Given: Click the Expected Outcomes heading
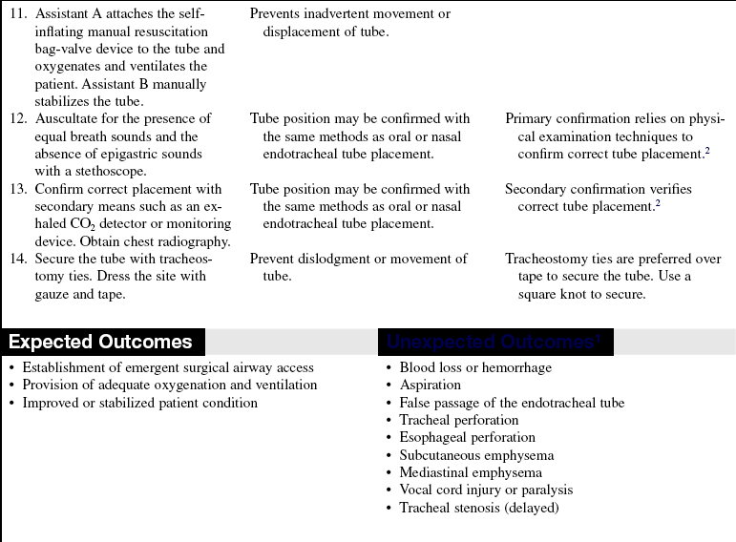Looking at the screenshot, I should [100, 343].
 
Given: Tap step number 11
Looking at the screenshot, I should [17, 14].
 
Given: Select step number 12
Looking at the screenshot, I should [17, 119].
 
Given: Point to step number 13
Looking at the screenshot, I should [17, 189].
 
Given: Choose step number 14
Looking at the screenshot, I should [17, 259].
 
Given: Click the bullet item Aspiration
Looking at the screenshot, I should [430, 385].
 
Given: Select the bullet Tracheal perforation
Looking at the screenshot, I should [459, 420].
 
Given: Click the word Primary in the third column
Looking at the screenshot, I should [531, 119].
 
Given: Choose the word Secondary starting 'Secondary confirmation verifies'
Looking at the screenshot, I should [537, 189].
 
